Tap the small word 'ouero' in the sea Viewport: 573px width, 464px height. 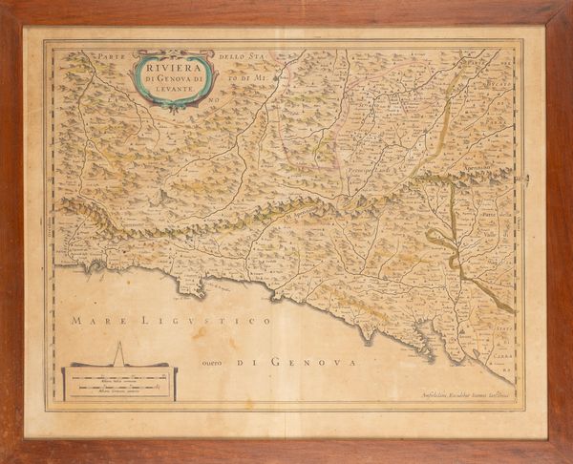[216, 362]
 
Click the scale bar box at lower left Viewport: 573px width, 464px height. [119, 384]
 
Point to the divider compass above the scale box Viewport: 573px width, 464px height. [120, 354]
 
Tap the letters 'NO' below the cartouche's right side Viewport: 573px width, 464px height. [214, 97]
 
